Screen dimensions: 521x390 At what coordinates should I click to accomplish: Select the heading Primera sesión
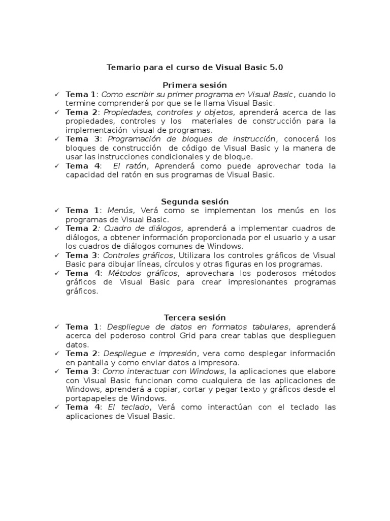(x=194, y=85)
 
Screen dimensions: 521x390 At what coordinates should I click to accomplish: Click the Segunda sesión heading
(x=194, y=201)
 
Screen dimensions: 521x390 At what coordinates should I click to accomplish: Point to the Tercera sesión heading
(x=194, y=318)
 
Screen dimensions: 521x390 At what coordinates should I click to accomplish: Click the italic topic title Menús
(x=120, y=211)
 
